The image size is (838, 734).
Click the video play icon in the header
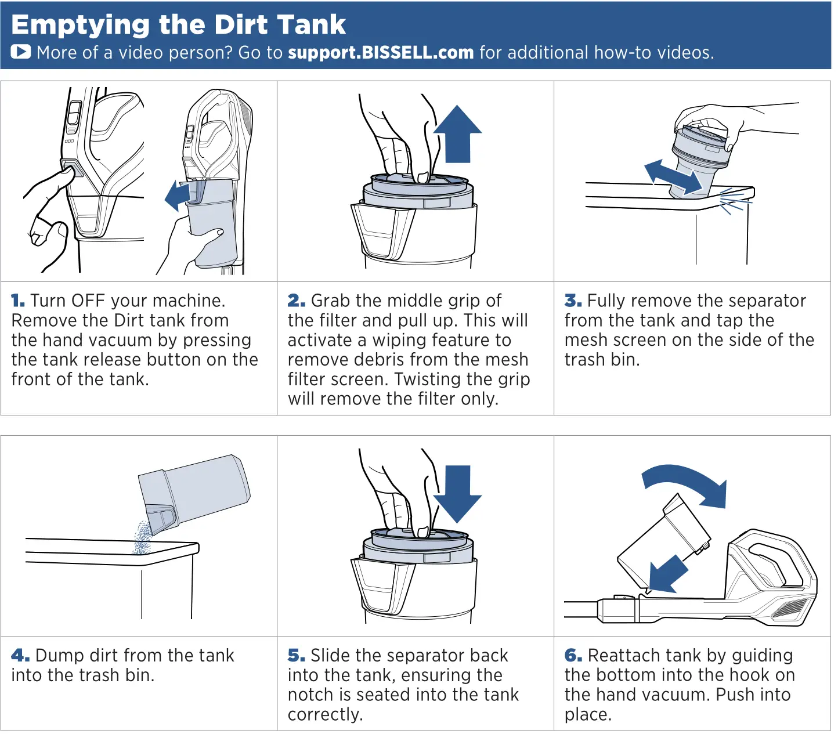click(21, 52)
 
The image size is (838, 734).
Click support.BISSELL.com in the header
click(381, 53)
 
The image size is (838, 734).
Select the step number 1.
click(18, 301)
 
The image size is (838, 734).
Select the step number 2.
click(296, 301)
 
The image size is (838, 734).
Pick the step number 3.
click(573, 301)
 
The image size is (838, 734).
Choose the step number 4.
click(20, 656)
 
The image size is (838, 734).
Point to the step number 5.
click(296, 656)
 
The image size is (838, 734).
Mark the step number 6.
click(573, 656)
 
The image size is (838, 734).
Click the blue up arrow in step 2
click(457, 135)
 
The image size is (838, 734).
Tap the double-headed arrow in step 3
click(673, 178)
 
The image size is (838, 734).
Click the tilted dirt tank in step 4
click(194, 494)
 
